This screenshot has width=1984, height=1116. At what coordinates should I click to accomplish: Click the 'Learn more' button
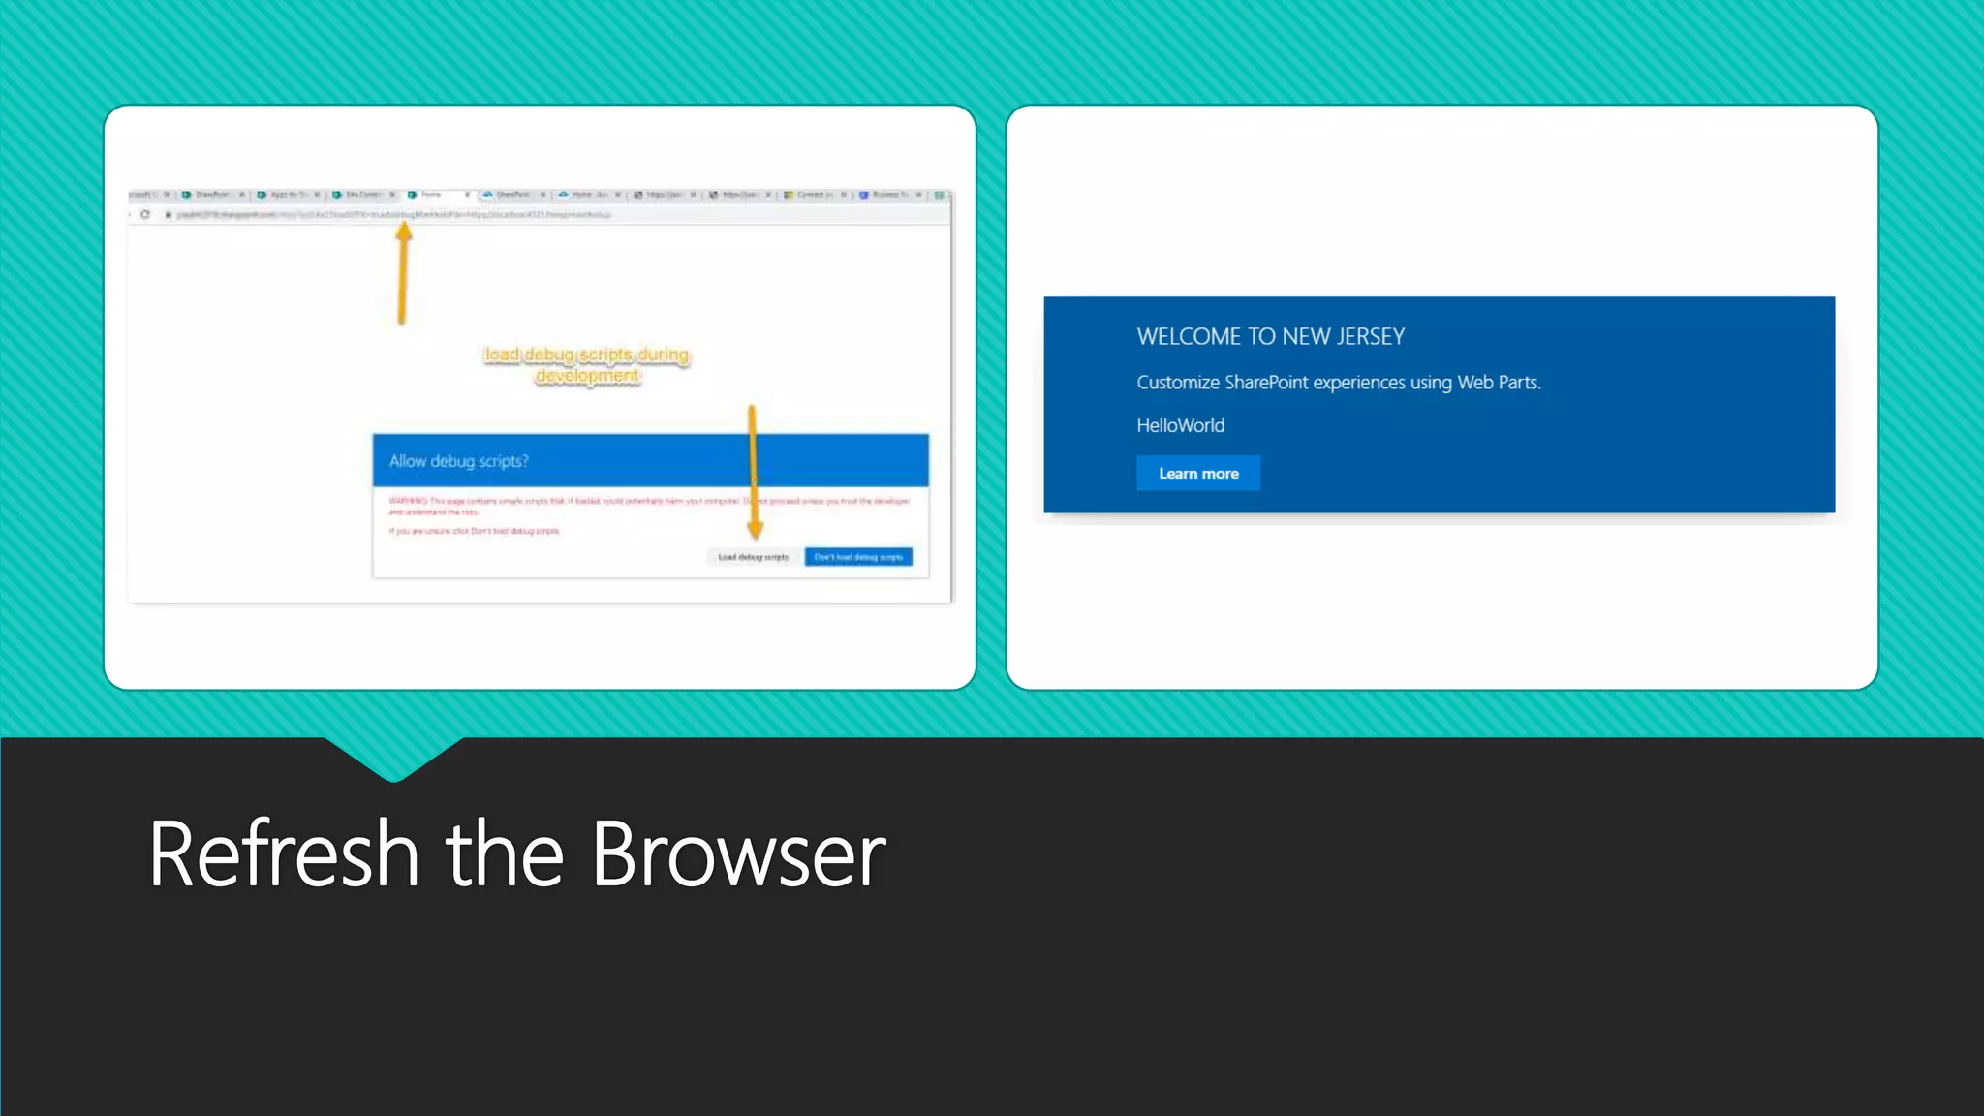[x=1198, y=474]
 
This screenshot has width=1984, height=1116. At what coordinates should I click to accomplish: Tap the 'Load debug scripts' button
[x=753, y=557]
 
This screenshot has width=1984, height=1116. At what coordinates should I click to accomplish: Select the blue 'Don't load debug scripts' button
[x=858, y=557]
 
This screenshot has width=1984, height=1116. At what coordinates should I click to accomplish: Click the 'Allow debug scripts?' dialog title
[x=459, y=461]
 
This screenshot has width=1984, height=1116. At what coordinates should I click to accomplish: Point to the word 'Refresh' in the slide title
[x=284, y=854]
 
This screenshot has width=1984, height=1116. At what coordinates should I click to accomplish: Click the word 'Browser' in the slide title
[x=738, y=854]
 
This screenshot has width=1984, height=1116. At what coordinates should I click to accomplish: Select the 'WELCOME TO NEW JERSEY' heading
[x=1270, y=337]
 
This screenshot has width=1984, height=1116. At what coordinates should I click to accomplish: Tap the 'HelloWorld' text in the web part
[x=1180, y=425]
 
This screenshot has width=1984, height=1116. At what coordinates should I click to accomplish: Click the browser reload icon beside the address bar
[x=145, y=214]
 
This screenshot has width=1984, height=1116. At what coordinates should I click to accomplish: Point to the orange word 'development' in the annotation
[x=588, y=376]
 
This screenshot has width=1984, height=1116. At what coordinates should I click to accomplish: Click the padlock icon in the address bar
[x=168, y=214]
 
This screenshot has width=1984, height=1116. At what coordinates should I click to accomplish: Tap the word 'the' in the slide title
[x=504, y=854]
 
